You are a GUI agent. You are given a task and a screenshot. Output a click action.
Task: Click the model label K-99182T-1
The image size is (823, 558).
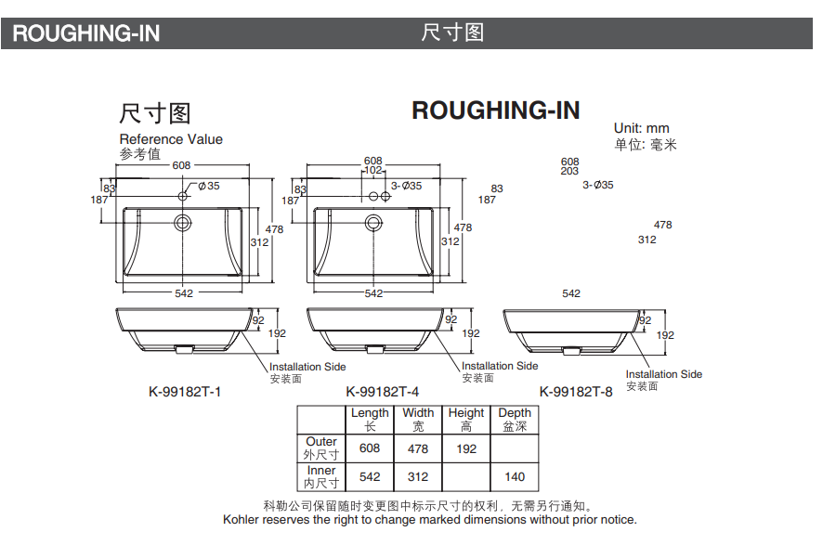point(185,392)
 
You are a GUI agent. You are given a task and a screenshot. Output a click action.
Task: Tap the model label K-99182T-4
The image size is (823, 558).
point(382,392)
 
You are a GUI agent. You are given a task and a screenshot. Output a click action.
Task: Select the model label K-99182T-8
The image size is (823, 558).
point(576,392)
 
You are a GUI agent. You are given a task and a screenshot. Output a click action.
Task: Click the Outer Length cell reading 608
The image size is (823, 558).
point(370,448)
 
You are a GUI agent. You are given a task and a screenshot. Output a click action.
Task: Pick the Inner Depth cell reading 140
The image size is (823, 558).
point(515,476)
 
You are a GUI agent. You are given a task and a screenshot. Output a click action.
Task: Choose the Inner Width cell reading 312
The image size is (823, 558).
point(418,476)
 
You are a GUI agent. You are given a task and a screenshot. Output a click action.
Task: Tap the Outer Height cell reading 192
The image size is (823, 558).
point(466,448)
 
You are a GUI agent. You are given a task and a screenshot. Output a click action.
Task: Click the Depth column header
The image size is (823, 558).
point(515,419)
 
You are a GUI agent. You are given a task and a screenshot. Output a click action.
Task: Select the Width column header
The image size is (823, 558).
point(418,419)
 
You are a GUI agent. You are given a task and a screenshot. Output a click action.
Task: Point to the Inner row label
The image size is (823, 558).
point(321,476)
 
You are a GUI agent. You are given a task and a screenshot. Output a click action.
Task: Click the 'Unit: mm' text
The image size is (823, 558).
point(641,128)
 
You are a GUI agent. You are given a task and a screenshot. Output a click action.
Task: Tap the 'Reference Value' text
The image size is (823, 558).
point(171,139)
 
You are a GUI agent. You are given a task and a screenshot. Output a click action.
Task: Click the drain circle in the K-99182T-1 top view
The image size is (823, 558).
point(182,223)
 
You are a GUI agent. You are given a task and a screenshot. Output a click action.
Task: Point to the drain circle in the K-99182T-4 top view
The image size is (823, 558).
point(373,223)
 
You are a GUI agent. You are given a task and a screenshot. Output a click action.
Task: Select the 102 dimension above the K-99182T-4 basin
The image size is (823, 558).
point(372,171)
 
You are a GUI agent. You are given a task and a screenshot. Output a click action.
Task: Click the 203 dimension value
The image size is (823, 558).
point(569,172)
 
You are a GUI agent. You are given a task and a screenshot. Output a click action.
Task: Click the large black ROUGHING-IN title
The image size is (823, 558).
point(495,110)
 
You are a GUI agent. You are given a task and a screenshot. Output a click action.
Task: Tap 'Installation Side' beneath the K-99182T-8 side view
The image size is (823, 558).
point(663,374)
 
